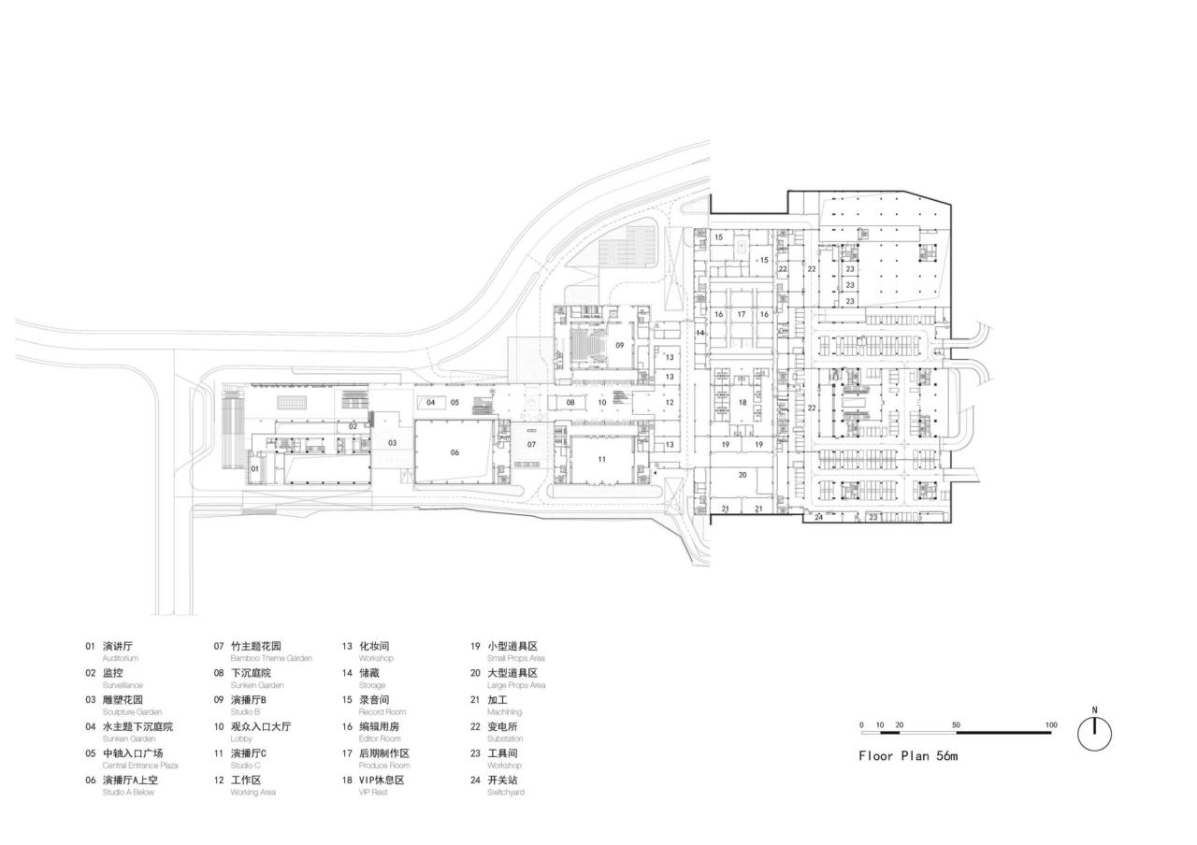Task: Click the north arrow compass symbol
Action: click(x=1094, y=733)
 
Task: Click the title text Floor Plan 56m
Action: click(x=908, y=756)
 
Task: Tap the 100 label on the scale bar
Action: click(x=1051, y=725)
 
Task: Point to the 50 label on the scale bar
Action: click(x=956, y=725)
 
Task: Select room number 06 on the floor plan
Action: click(x=454, y=452)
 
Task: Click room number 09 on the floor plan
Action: click(x=619, y=345)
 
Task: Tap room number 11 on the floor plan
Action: click(x=602, y=459)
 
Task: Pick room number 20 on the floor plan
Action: click(x=743, y=475)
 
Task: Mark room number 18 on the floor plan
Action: click(x=743, y=403)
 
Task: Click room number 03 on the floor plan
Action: click(x=393, y=443)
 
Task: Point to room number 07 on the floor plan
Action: click(x=531, y=444)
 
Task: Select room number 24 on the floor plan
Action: click(x=818, y=517)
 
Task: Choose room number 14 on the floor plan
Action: click(x=699, y=333)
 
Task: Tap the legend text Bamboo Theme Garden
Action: click(x=271, y=658)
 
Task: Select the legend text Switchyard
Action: click(x=505, y=793)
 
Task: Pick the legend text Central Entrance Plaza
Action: click(x=140, y=766)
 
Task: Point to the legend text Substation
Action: click(x=505, y=738)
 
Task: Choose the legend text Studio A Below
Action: click(x=128, y=793)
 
